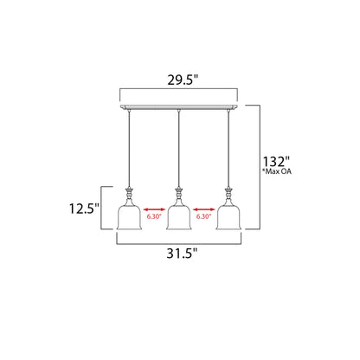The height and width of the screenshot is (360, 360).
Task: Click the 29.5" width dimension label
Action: click(x=183, y=80)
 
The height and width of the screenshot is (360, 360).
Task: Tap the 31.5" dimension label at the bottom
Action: click(x=182, y=254)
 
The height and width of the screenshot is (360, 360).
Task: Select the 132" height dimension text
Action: click(x=276, y=162)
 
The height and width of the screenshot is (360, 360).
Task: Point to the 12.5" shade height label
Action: click(x=84, y=209)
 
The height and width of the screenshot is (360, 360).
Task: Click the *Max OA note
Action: click(x=276, y=171)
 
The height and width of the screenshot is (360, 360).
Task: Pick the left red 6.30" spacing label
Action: click(x=154, y=216)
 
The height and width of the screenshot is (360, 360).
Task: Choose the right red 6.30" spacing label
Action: click(x=204, y=216)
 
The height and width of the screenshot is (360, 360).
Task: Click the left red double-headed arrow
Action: click(x=154, y=209)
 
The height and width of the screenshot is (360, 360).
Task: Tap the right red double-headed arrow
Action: click(x=204, y=209)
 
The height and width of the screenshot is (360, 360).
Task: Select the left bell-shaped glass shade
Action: click(x=129, y=217)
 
